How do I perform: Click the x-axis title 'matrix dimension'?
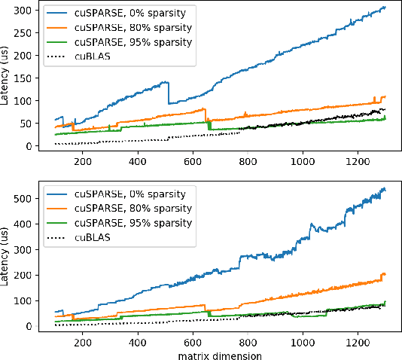[x=220, y=354]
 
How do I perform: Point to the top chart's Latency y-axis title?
[x=8, y=78]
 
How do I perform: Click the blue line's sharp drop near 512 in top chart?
[x=168, y=93]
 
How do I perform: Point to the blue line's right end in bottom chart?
[x=385, y=188]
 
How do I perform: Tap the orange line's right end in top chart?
[x=385, y=96]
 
